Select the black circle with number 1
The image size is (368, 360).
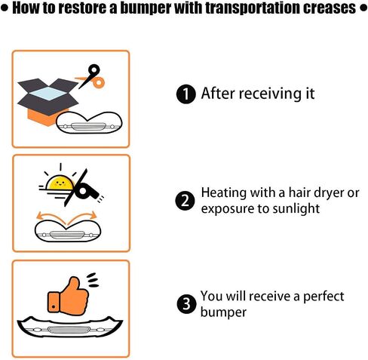(x=186, y=94)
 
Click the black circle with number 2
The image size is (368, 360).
(x=186, y=201)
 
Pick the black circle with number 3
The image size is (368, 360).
(x=186, y=304)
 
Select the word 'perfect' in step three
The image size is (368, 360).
(x=324, y=297)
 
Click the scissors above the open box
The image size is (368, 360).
(x=92, y=77)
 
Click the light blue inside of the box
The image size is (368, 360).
(x=48, y=93)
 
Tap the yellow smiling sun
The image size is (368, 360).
(x=60, y=183)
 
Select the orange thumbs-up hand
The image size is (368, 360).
(x=69, y=296)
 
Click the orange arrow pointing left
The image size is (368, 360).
(x=51, y=217)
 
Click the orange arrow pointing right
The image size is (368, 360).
(x=82, y=217)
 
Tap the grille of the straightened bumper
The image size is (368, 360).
(x=69, y=330)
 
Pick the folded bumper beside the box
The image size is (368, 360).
(x=89, y=123)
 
